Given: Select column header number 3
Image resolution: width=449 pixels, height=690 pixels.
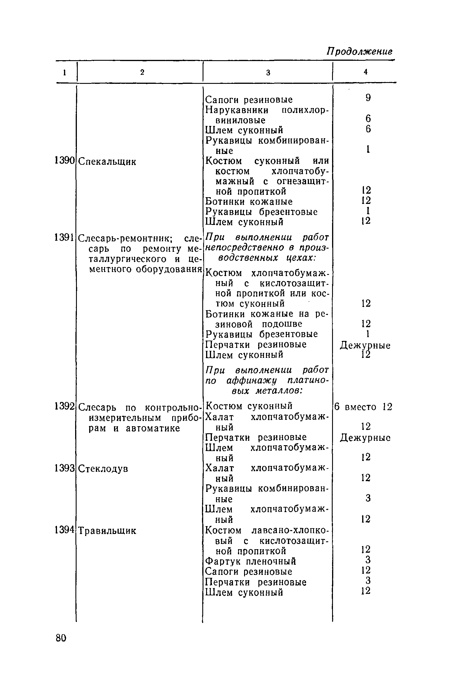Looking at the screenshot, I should (268, 73).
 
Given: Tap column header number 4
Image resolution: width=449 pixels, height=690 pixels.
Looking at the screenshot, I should (365, 72).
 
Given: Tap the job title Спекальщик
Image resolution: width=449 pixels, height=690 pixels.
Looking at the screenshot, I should (107, 162).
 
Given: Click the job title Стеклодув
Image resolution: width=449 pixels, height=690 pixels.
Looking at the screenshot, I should (103, 469).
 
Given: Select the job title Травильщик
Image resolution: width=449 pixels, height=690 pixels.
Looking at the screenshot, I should (107, 531).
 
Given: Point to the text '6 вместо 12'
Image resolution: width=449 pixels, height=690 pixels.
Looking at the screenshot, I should (363, 407).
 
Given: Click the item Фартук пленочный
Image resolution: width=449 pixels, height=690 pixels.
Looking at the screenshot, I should (251, 561).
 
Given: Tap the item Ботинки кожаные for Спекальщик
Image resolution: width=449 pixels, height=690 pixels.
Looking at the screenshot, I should (249, 202).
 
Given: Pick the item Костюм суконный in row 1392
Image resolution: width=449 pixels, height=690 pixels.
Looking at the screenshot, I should (249, 406).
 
